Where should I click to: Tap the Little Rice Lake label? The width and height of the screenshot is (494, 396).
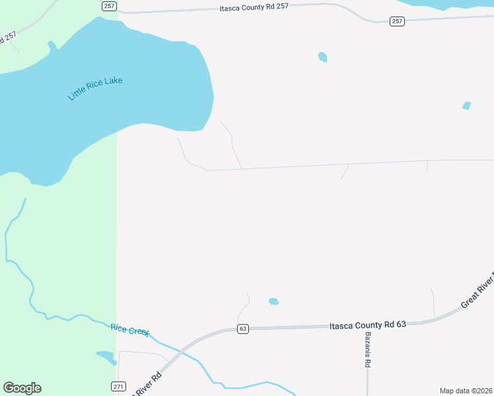(x=95, y=89)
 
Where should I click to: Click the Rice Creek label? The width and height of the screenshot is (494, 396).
(x=129, y=329)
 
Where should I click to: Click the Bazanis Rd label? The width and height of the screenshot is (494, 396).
(x=368, y=350)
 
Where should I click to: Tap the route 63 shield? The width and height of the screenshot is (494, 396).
(x=243, y=329)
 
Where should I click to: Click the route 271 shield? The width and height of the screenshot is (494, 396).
(x=118, y=386)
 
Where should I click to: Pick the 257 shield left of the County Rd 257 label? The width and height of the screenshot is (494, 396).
(x=110, y=5)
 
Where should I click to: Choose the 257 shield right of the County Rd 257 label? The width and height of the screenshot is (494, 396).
(x=396, y=21)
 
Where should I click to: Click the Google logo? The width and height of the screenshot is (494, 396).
(x=22, y=388)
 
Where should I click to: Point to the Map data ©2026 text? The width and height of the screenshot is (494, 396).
(x=466, y=391)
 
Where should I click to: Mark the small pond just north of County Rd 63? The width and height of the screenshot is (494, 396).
(x=273, y=302)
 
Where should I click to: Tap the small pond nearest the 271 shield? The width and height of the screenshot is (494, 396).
(x=106, y=357)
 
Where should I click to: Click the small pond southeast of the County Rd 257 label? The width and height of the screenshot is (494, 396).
(x=322, y=57)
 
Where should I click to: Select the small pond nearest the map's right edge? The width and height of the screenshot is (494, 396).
(x=467, y=106)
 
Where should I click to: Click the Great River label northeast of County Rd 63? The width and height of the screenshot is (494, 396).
(x=477, y=290)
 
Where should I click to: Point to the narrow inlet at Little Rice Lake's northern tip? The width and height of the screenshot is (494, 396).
(x=51, y=46)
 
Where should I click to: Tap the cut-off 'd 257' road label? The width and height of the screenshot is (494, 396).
(x=7, y=38)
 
